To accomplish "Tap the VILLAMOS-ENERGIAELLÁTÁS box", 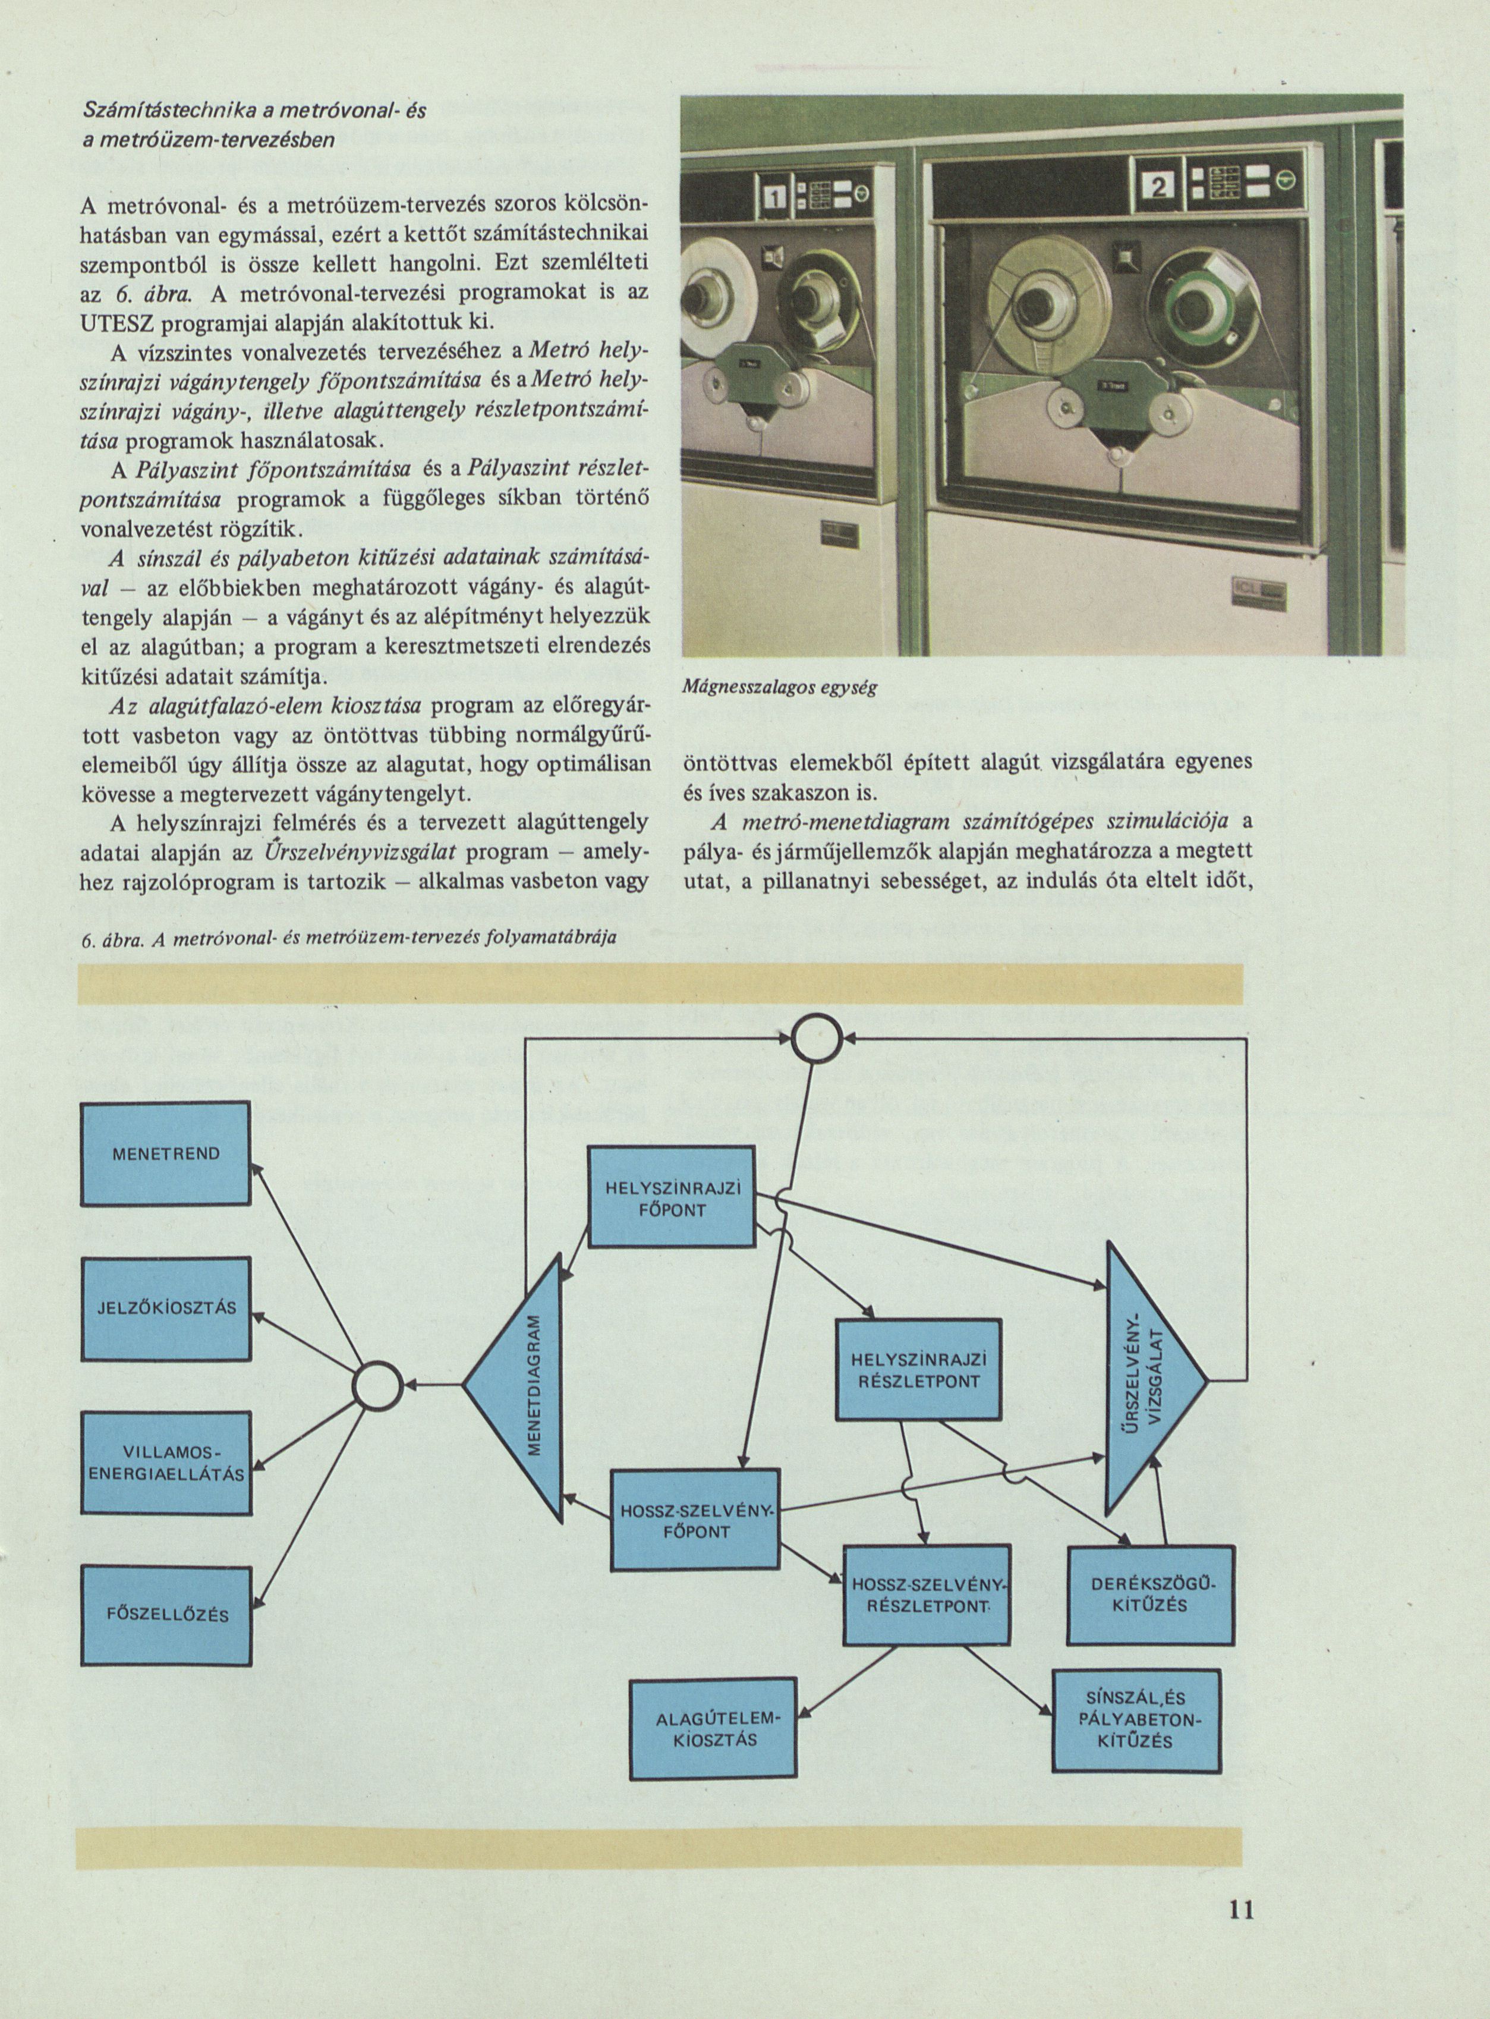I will (166, 1463).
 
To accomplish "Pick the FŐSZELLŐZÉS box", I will (166, 1615).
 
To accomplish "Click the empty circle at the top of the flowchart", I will (816, 1040).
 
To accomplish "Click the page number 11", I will (1241, 1910).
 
